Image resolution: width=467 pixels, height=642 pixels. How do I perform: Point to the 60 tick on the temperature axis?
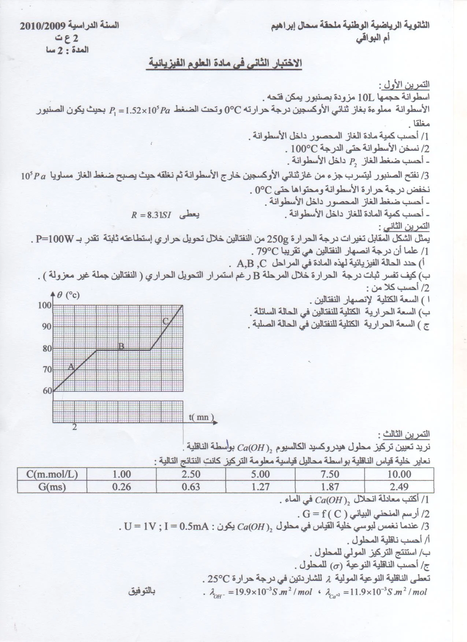47,390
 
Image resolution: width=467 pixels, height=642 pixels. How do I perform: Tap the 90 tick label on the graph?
47,327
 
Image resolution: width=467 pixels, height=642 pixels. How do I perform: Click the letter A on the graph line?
71,367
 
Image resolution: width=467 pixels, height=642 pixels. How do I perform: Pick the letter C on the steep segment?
166,321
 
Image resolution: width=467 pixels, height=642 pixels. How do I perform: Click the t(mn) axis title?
201,417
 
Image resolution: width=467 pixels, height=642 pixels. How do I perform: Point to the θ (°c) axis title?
68,295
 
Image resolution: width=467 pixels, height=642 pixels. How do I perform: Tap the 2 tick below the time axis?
75,427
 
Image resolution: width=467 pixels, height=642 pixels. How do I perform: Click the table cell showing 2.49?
399,487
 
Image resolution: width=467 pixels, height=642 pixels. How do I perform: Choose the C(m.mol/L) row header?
52,474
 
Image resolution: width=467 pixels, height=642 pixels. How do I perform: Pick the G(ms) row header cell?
52,487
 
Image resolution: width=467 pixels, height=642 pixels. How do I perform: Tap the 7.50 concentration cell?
329,474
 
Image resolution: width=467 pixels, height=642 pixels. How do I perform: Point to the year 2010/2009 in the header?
42,26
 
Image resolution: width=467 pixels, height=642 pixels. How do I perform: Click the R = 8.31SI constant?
151,215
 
